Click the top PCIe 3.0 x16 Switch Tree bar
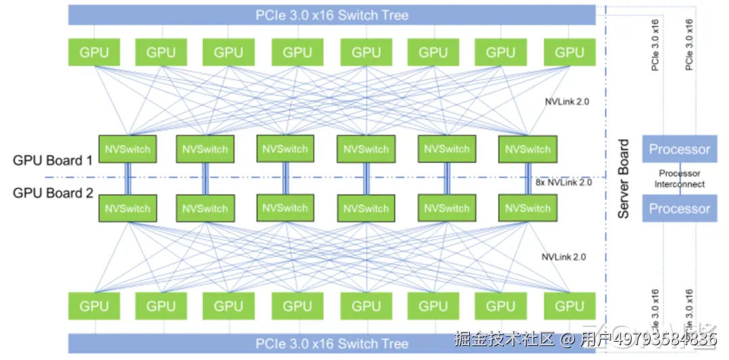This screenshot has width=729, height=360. [331, 14]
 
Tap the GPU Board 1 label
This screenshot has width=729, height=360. [53, 161]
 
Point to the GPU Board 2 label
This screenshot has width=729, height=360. [53, 193]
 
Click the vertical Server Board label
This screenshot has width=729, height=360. [624, 179]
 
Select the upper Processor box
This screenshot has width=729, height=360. [679, 149]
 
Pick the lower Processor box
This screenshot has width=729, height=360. [679, 209]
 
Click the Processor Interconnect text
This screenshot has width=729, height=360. [680, 179]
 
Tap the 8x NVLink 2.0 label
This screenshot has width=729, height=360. [563, 182]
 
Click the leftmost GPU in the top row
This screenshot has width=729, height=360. [94, 52]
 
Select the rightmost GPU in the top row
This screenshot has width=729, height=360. [568, 52]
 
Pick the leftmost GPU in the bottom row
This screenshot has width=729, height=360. [94, 306]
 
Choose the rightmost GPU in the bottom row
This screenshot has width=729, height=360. [568, 306]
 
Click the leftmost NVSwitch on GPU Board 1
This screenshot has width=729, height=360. [128, 149]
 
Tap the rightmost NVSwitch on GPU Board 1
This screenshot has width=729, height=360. [527, 149]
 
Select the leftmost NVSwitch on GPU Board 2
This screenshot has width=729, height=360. [128, 208]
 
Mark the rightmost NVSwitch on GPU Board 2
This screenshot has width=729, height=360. [527, 208]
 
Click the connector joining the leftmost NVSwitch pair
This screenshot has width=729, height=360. [127, 178]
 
